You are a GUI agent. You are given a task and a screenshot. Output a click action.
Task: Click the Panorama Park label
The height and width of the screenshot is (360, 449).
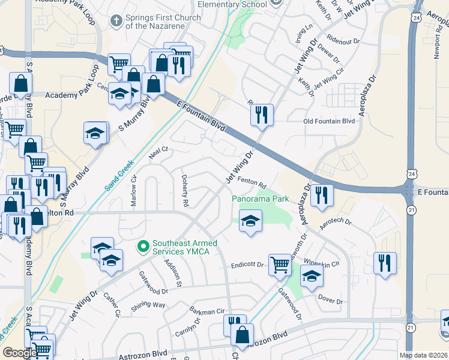coord(261,199)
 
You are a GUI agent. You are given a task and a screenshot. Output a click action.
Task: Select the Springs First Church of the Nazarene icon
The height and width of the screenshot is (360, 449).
coord(116,22)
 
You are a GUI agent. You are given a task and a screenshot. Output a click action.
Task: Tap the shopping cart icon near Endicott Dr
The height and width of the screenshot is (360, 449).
coord(280,264)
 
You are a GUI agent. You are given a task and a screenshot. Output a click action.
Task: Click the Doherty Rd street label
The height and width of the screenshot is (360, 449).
coord(185,191)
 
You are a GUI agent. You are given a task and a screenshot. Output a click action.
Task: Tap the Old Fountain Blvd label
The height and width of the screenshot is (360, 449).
coord(329,121)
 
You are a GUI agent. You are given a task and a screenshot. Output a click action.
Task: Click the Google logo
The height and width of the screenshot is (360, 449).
coord(20,353)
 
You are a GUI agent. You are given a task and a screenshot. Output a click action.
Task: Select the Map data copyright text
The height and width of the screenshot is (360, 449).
coord(423,355)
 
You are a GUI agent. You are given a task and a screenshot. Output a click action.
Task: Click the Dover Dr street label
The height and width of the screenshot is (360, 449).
coord(330,301)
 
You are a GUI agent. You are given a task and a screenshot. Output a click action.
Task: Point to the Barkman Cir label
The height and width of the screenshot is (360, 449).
coord(206,311)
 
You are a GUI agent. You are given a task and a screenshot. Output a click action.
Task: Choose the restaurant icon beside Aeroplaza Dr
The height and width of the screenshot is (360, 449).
coord(322,195)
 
